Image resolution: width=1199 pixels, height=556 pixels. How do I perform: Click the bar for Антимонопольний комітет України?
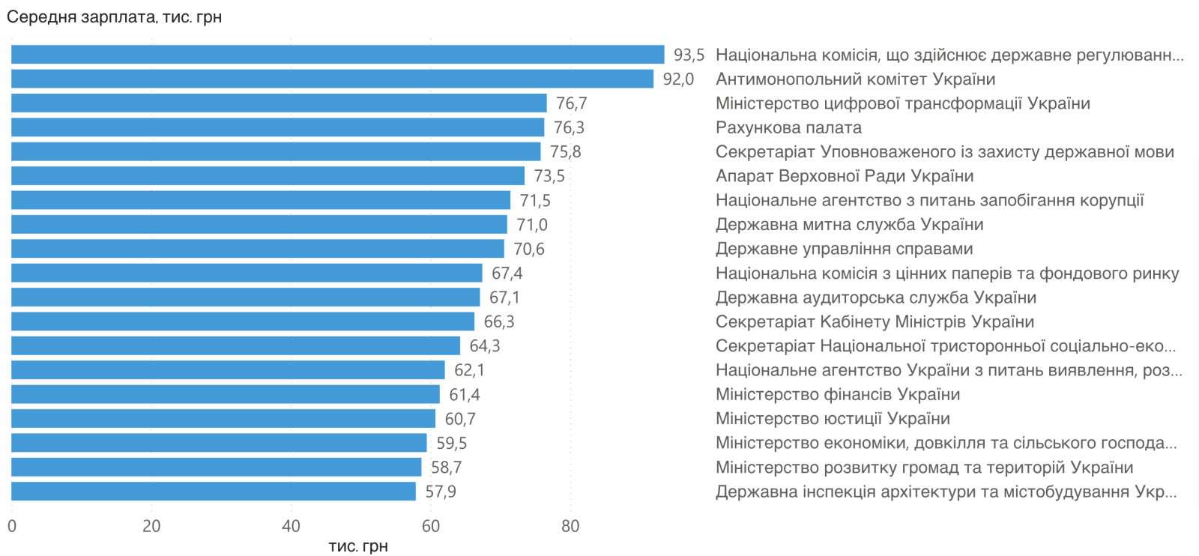tap(332, 79)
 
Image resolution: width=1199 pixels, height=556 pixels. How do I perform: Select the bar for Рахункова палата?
tap(277, 127)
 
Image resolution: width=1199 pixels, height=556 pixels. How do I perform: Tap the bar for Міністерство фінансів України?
tap(225, 394)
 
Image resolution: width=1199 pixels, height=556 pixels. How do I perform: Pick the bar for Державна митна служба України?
tap(259, 224)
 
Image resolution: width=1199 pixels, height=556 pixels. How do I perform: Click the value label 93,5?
tap(689, 55)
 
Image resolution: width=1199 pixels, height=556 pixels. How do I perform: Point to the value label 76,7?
tap(571, 103)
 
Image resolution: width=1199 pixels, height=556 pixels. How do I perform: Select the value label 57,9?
tap(441, 492)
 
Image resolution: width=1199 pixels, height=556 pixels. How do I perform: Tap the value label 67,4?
tap(507, 273)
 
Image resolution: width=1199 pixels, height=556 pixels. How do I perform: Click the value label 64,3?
tap(484, 345)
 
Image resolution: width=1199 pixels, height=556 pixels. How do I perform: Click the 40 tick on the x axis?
tap(291, 526)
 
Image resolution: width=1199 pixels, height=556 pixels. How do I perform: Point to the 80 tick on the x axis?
tap(570, 526)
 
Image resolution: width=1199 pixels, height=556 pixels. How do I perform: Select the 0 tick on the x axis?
tap(11, 526)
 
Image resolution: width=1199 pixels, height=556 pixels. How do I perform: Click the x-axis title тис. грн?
tap(358, 546)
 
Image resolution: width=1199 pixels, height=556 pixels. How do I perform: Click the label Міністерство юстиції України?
tap(833, 419)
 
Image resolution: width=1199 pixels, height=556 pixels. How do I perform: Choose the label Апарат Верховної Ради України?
tap(845, 176)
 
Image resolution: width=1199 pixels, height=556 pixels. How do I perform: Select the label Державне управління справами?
tap(844, 249)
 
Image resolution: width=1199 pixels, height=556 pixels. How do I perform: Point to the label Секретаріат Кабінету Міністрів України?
tap(875, 321)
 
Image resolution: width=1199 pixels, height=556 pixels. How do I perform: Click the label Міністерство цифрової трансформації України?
tap(902, 103)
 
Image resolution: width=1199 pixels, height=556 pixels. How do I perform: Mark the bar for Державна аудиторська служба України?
tap(245, 297)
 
